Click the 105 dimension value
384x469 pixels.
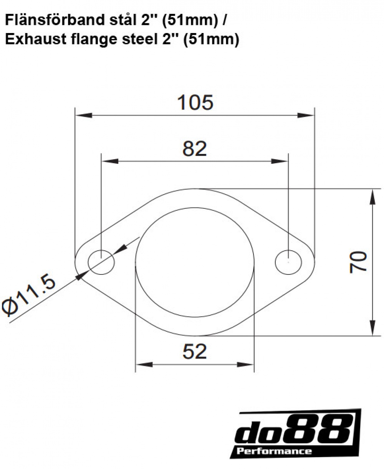point(195,102)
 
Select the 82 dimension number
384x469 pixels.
point(195,149)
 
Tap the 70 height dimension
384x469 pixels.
point(358,262)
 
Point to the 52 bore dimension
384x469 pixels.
point(195,351)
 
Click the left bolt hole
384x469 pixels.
point(101,262)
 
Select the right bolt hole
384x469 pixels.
point(288,262)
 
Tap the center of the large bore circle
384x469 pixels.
point(195,262)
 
